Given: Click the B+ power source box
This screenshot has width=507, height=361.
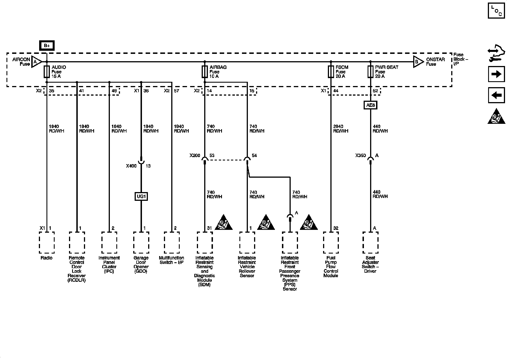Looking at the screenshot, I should (x=47, y=46).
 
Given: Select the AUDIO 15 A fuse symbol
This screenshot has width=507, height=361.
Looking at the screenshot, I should (x=47, y=72).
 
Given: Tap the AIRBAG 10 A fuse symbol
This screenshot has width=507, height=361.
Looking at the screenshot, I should (x=205, y=72).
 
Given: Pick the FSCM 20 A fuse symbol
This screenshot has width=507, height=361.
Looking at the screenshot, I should (x=331, y=72).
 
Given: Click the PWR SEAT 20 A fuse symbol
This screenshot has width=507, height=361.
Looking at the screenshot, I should (x=370, y=72).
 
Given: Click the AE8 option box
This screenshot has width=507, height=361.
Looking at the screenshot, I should (x=370, y=105).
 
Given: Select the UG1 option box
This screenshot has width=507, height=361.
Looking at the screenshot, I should (x=141, y=196).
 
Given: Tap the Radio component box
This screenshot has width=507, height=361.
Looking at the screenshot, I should (x=47, y=243).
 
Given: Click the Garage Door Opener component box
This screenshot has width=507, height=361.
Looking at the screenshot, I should (x=141, y=243).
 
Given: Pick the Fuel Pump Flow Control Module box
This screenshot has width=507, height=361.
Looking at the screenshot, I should (x=331, y=243).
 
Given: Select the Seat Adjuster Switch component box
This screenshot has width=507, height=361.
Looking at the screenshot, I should (x=370, y=243).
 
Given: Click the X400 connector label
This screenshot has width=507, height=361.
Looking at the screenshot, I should (x=131, y=166).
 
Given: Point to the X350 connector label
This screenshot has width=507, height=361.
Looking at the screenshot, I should (x=361, y=155).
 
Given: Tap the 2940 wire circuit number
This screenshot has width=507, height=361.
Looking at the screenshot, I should (x=338, y=126).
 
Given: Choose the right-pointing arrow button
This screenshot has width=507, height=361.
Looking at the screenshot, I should (x=496, y=74).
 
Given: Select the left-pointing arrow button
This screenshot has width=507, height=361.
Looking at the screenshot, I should (x=496, y=95).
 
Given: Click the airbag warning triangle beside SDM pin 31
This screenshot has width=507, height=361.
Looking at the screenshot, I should (x=224, y=223).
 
